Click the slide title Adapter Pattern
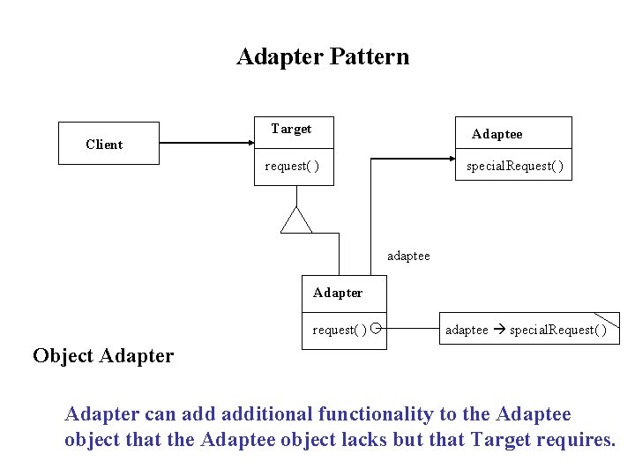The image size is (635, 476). [x=323, y=57]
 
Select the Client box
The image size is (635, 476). [x=108, y=144]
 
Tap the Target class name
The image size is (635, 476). [x=291, y=129]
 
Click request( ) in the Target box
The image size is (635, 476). [x=292, y=167]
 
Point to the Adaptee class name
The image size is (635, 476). [x=497, y=134]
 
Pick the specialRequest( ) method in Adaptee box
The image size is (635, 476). [x=514, y=167]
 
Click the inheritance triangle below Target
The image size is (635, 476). [x=296, y=220]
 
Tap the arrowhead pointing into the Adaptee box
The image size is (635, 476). [x=449, y=160]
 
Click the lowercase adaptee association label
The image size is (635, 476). [x=408, y=256]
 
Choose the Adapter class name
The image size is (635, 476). [x=337, y=293]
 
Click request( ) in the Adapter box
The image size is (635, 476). [x=339, y=331]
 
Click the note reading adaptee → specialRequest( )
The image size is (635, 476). [x=526, y=331]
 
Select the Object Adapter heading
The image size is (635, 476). [x=103, y=356]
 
